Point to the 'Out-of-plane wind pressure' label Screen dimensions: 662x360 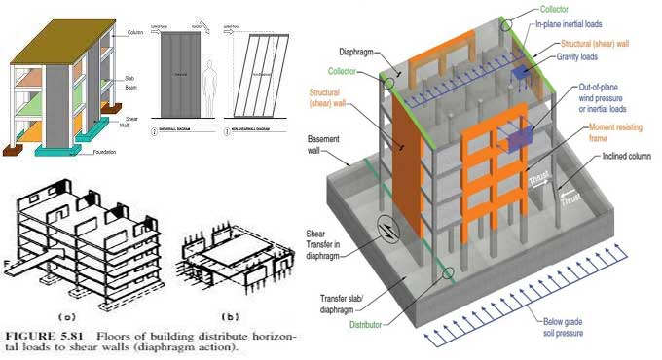(x=584, y=100)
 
